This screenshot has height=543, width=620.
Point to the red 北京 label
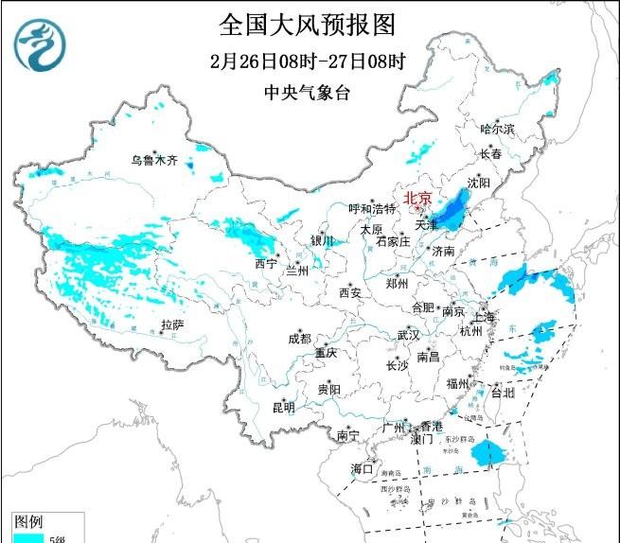pyautogui.click(x=417, y=198)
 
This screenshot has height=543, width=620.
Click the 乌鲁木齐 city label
pyautogui.click(x=154, y=160)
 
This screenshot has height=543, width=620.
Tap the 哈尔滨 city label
pyautogui.click(x=497, y=129)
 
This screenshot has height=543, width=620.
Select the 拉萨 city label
pyautogui.click(x=171, y=324)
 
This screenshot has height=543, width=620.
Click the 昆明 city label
pyautogui.click(x=283, y=408)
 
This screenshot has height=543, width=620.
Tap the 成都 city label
pyautogui.click(x=299, y=338)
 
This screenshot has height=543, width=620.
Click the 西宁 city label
pyautogui.click(x=266, y=263)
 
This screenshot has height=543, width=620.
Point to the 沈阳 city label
pyautogui.click(x=480, y=181)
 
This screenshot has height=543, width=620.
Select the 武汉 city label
pyautogui.click(x=408, y=335)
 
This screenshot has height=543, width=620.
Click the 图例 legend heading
pyautogui.click(x=28, y=521)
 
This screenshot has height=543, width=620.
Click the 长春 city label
pyautogui.click(x=489, y=153)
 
